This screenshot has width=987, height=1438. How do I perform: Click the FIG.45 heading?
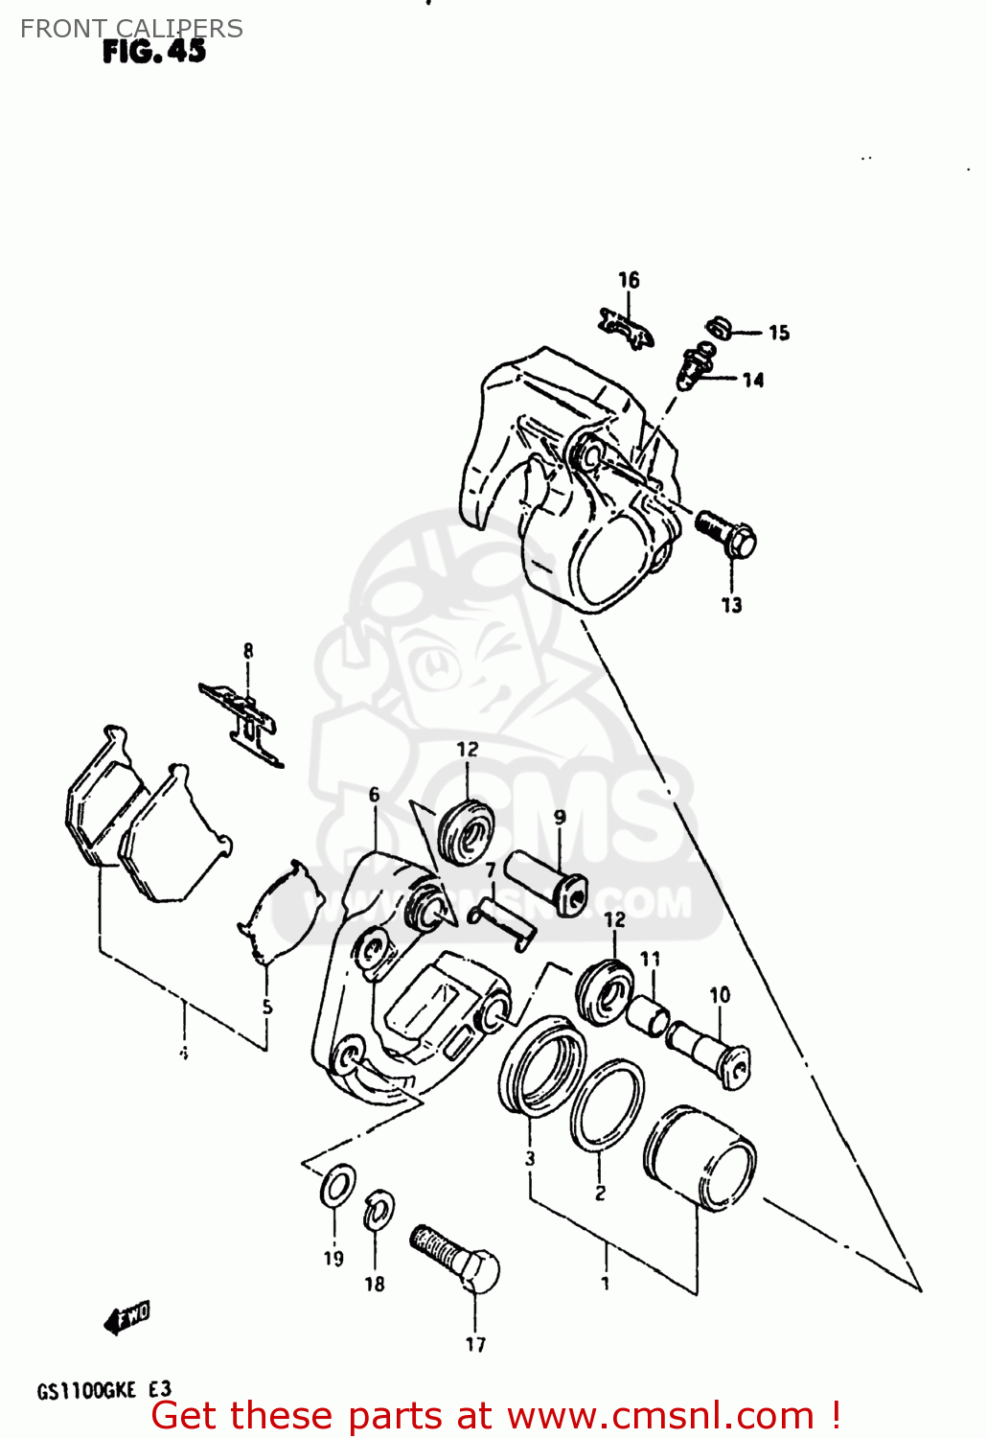(154, 52)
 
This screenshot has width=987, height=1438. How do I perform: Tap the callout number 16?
(629, 280)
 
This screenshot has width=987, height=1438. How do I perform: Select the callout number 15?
(779, 333)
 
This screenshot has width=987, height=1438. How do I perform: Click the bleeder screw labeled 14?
(696, 366)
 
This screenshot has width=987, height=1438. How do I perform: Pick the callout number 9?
(560, 818)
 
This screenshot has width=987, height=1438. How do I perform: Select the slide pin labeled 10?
(709, 1051)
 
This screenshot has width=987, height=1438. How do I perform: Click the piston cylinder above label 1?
(700, 1157)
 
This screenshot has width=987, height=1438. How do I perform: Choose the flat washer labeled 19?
(336, 1187)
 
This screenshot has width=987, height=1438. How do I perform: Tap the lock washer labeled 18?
(379, 1210)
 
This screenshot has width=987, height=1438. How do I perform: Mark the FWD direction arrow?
(127, 1317)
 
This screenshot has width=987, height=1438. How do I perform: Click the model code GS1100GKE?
(86, 1390)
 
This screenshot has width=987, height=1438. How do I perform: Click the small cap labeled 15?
(720, 328)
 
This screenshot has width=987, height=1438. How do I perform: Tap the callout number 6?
(374, 795)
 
